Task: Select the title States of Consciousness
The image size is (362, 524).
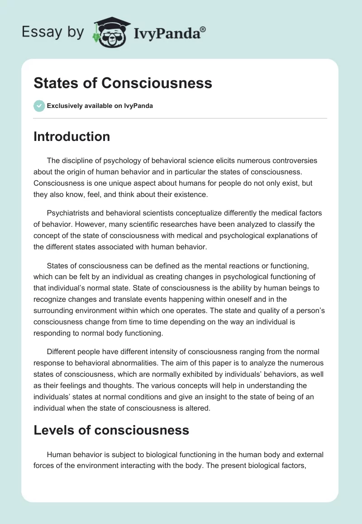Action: coord(123,83)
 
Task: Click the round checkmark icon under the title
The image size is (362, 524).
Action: coord(39,106)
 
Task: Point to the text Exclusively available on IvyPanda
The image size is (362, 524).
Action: coord(100,106)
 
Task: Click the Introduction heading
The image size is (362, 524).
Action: coord(71,136)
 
